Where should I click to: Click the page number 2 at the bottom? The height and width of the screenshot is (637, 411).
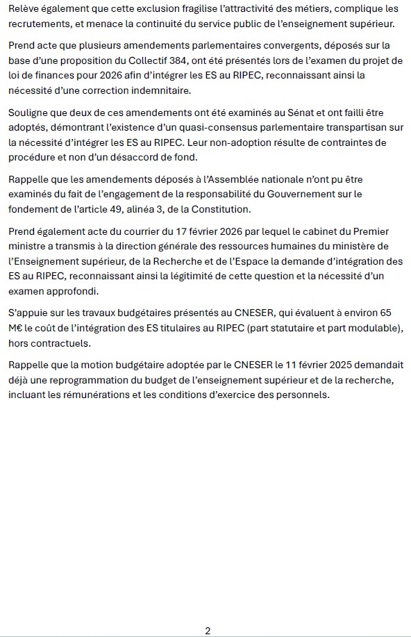tap(208, 631)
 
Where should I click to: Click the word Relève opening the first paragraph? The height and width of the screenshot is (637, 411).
tap(24, 9)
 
